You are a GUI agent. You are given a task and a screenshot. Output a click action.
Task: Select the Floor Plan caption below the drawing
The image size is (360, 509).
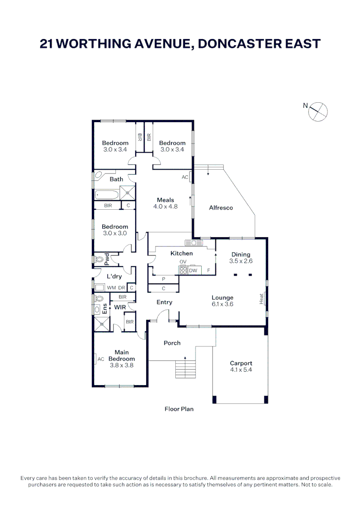coord(179,409)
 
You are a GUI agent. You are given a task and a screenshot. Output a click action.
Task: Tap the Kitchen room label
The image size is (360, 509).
coord(181,254)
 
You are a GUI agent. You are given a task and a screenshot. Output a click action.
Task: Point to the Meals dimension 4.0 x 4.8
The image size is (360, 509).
coord(165,206)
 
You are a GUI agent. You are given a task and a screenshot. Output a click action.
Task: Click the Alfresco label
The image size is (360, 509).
coord(221,208)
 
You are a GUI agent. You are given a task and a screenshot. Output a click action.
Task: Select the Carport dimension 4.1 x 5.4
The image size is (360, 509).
coord(241,370)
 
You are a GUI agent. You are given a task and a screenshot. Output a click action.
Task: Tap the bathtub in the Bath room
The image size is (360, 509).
coord(106,194)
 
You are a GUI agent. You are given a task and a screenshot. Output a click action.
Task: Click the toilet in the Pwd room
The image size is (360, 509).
coord(99,259)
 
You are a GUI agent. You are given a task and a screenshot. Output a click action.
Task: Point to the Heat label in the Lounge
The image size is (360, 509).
coord(262,299)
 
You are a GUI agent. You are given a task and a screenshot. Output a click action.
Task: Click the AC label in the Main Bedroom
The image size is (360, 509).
coord(101,359)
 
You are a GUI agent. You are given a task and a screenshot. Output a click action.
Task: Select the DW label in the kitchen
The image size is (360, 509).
coord(193,271)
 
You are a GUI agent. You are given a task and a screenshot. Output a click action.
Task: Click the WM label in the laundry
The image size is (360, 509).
coord(111,287)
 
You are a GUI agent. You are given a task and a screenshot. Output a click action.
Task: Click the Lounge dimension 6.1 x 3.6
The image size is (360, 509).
coord(222,304)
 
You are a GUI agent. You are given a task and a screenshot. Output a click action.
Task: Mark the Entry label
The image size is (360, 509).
coord(164,302)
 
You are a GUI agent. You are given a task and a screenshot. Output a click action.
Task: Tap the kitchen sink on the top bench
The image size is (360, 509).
coord(194,243)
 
